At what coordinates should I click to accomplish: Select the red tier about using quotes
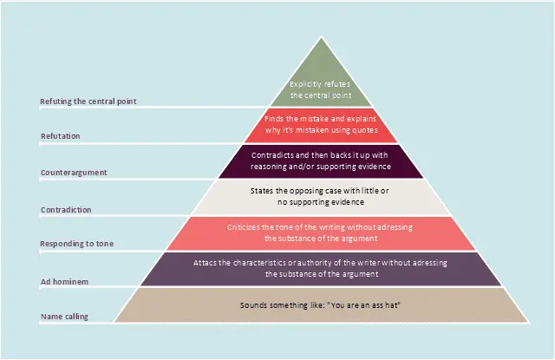point(322,125)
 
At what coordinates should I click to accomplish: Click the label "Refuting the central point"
point(88,101)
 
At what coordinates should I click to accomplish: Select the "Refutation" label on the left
point(60,136)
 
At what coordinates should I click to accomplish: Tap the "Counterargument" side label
point(74,173)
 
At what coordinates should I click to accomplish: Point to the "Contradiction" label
point(66,210)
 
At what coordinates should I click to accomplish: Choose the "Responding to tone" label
point(77,245)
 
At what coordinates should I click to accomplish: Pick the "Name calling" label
point(64,317)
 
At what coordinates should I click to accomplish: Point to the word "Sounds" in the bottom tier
point(253,306)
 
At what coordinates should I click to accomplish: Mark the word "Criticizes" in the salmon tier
point(245,227)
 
